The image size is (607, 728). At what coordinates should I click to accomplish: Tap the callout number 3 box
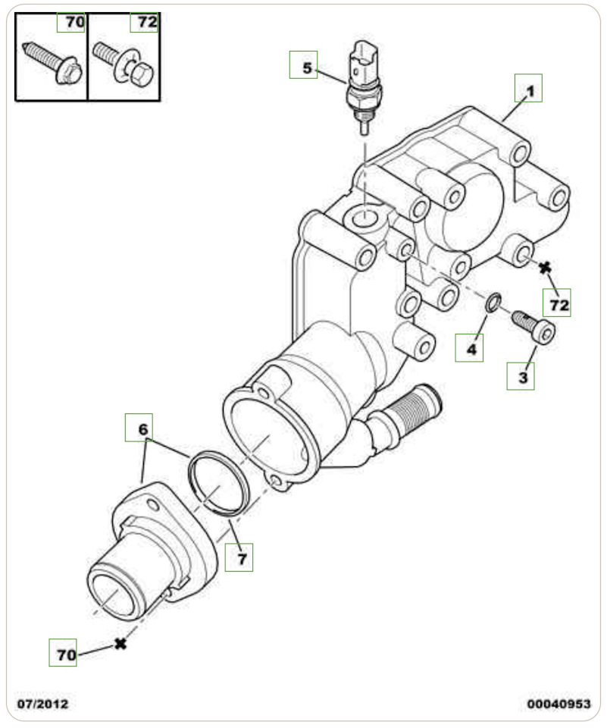(x=521, y=375)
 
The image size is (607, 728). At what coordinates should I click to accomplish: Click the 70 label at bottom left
(x=65, y=653)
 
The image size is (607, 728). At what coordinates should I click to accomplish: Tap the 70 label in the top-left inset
(x=73, y=22)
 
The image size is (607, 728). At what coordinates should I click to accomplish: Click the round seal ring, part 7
(x=218, y=484)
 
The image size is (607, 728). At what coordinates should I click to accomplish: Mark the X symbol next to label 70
(x=119, y=644)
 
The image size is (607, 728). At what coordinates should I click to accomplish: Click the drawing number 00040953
(x=558, y=704)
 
